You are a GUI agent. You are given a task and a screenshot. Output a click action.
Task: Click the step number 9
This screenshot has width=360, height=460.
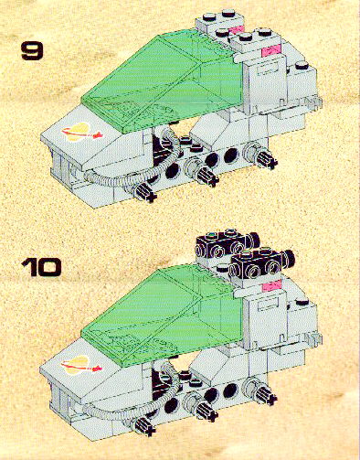point(32,51)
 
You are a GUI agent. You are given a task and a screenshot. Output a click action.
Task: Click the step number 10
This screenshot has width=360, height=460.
point(41,267)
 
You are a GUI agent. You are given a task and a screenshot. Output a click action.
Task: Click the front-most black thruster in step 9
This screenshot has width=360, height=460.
point(144,192)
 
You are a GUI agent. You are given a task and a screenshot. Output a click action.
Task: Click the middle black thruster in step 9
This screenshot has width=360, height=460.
point(206,175)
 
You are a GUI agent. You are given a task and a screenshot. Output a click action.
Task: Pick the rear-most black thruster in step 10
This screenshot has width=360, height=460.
point(265,393)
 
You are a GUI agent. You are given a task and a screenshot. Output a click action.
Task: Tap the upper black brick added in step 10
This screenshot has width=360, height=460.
point(228,244)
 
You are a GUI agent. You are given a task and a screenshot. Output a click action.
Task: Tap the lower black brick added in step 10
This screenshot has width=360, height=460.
point(262,262)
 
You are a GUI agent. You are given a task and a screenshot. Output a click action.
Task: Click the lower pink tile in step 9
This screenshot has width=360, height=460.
point(271,50)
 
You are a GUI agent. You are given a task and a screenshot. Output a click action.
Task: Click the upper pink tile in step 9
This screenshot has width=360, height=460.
point(237,30)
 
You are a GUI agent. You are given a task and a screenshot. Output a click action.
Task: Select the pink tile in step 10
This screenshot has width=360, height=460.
point(271,286)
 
